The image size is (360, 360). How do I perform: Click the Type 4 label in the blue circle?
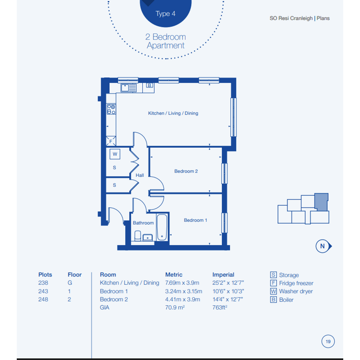pos(165,14)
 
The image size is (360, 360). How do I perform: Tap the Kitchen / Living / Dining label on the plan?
pos(173,113)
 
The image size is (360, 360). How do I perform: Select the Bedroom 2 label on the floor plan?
pos(186,171)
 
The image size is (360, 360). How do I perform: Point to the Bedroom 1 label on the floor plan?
pos(195,220)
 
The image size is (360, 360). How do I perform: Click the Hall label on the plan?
pos(139,175)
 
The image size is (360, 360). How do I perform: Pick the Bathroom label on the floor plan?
pos(143,223)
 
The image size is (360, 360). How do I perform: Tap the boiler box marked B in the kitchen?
pos(149,85)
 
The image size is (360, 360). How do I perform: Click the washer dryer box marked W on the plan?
pos(115,154)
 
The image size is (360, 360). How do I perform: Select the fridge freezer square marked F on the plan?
pos(110,141)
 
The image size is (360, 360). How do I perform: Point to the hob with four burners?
pos(111,109)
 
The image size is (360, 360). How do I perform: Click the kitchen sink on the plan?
pos(129,88)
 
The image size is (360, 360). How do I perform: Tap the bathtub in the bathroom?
pos(162,227)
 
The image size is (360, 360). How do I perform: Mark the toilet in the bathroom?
pos(138,235)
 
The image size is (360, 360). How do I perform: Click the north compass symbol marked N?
pos(323,246)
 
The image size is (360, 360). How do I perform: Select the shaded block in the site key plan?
pos(322,202)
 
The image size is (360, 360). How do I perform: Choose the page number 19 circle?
pos(328,341)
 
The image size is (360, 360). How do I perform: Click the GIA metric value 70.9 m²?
pos(175,307)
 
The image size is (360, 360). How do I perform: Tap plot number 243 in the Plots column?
pos(43,291)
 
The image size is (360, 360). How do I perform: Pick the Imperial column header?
pos(223,275)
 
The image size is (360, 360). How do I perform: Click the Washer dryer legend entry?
pos(291,291)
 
